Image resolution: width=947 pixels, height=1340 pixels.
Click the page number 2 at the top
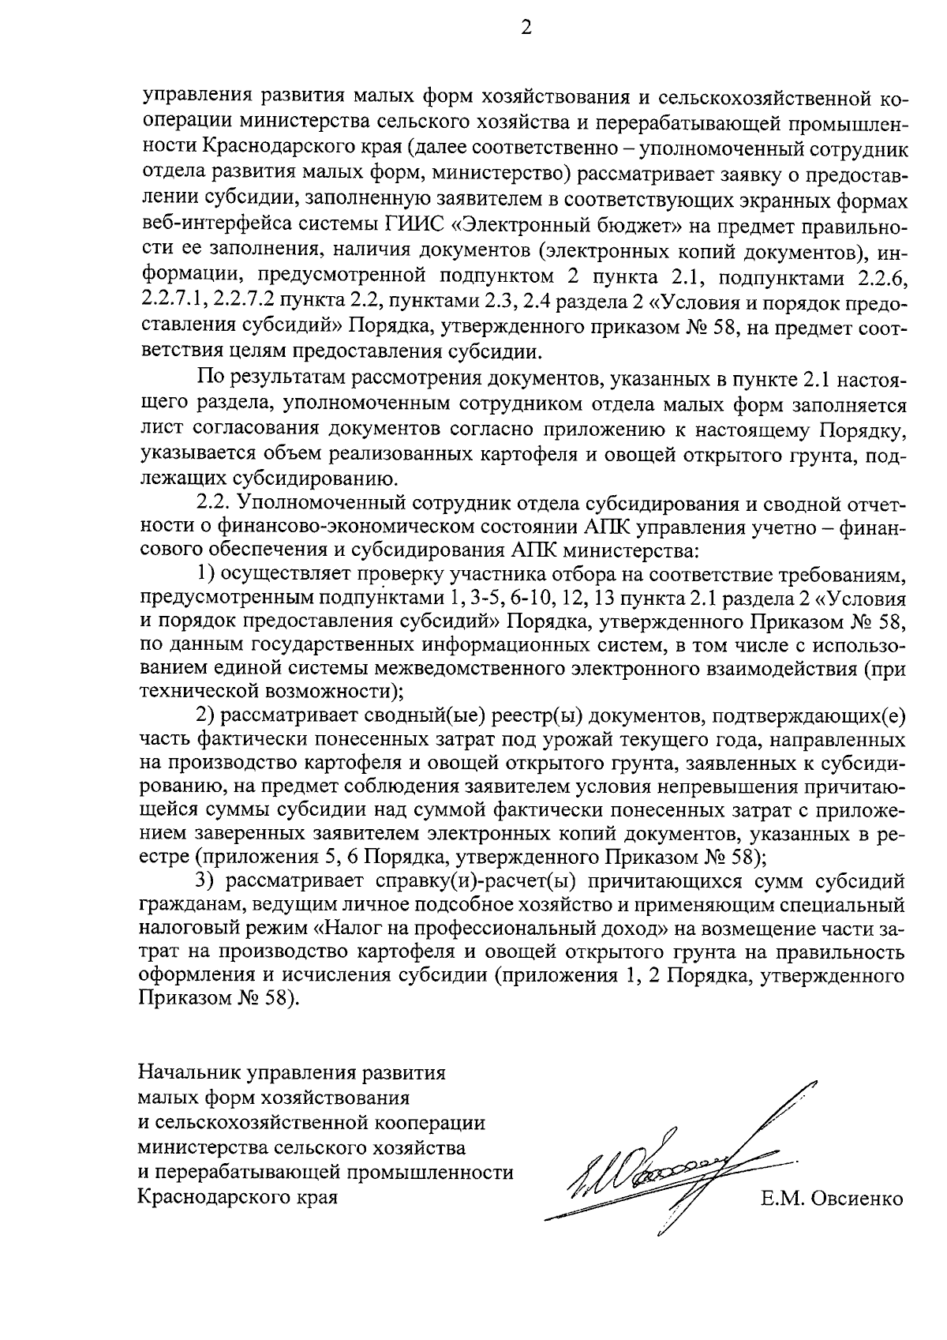pyautogui.click(x=526, y=28)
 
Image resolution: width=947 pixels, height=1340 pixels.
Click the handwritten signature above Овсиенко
pyautogui.click(x=679, y=1162)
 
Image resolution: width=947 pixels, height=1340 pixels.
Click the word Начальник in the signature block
pyautogui.click(x=189, y=1073)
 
